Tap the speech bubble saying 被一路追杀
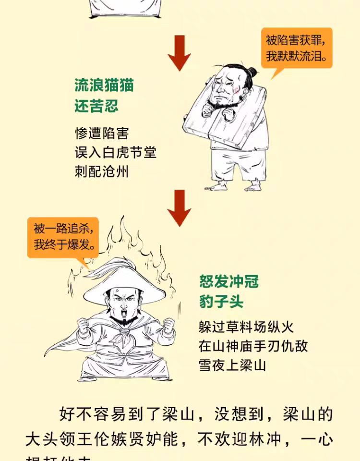pyautogui.click(x=62, y=237)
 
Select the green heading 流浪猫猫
pyautogui.click(x=104, y=85)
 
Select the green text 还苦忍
pyautogui.click(x=96, y=106)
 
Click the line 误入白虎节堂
pyautogui.click(x=116, y=152)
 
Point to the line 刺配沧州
pyautogui.click(x=102, y=171)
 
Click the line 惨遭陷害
pyautogui.click(x=102, y=133)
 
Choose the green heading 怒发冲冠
pyautogui.click(x=229, y=281)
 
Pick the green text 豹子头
pyautogui.click(x=221, y=302)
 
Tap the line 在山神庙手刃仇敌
pyautogui.click(x=253, y=346)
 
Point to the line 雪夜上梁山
pyautogui.click(x=232, y=365)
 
